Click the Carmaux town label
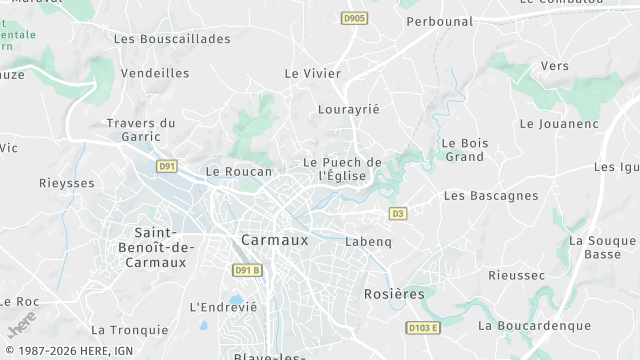pos(275,240)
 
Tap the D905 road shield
pos(354,18)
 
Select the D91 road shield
pos(168,166)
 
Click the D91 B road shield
pos(247,270)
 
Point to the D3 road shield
pos(398,213)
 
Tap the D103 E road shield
pos(423,327)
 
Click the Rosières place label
pos(394,294)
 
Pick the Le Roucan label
pos(238,172)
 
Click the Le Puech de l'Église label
pos(342,169)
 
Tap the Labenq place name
pos(368,242)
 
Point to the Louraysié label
pos(348,109)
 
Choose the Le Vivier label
pos(313,73)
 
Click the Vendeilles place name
pos(155,73)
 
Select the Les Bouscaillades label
pos(172,39)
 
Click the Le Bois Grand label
pos(465,150)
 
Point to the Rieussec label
pos(516,275)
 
